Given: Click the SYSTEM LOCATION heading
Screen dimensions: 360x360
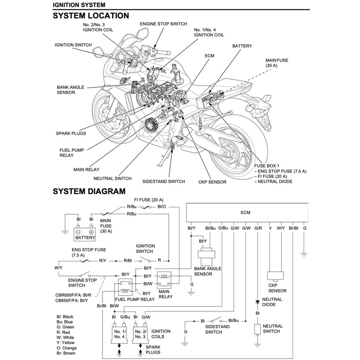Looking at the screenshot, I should [x=91, y=16].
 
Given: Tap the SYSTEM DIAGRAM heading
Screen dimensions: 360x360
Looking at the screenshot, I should [x=89, y=192].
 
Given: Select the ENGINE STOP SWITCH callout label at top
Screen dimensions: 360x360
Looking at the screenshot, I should [x=163, y=24].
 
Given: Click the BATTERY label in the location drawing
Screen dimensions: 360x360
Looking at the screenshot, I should [x=242, y=46].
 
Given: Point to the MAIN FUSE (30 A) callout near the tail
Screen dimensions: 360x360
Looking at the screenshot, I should [x=277, y=63].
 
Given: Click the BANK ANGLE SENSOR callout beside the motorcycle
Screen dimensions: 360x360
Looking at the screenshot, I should [x=71, y=90].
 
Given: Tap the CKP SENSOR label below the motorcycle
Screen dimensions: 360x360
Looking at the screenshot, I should [x=212, y=182].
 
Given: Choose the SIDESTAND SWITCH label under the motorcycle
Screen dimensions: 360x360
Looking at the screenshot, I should [x=164, y=181].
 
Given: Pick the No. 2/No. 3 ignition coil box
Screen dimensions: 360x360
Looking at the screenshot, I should [x=140, y=333].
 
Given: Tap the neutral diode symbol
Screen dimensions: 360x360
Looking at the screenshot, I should [x=258, y=301].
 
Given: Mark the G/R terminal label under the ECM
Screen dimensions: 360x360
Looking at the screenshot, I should [x=258, y=228].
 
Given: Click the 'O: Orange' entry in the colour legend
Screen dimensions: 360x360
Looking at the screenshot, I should [x=66, y=348].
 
